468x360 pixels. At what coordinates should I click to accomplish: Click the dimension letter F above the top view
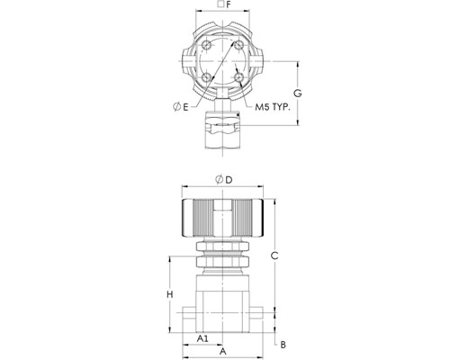click(229, 4)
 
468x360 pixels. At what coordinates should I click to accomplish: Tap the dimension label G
click(297, 94)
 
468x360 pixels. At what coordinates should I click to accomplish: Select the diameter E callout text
click(181, 107)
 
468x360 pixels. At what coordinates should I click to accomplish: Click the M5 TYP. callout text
click(273, 107)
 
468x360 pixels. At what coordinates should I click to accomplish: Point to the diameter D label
click(224, 180)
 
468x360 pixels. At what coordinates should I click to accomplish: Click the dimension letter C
click(274, 256)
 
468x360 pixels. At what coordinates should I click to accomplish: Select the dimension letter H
click(170, 294)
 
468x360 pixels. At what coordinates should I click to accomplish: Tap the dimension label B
click(283, 345)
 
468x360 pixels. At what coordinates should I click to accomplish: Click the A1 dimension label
click(202, 338)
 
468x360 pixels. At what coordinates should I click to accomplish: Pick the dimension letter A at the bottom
click(222, 351)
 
